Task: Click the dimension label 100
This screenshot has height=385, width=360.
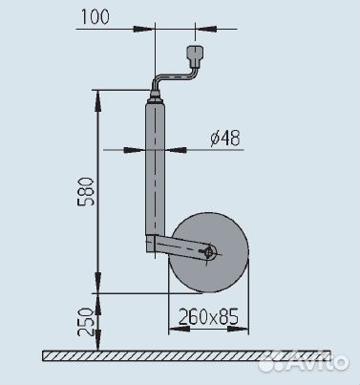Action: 95,16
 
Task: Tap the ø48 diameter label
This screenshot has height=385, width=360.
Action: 225,138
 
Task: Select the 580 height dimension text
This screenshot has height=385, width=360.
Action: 86,191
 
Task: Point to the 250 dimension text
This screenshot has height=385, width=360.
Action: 86,322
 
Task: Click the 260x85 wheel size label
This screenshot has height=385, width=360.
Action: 208,316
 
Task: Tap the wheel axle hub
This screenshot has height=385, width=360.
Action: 209,253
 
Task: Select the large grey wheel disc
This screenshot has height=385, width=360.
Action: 208,252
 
